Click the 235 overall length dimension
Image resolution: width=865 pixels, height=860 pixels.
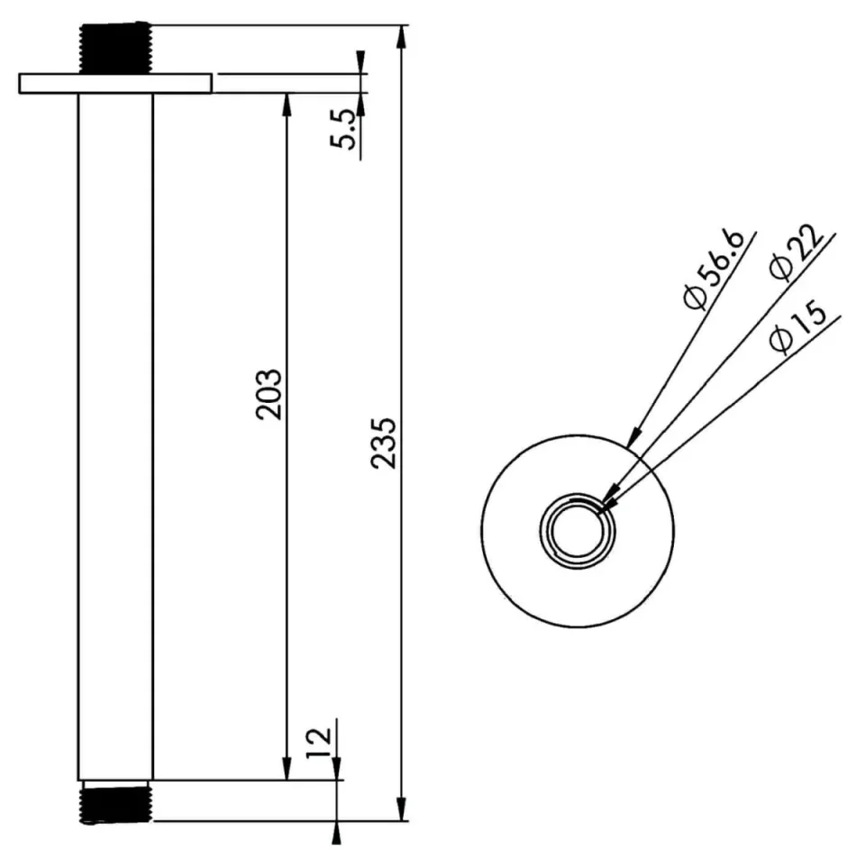[x=383, y=442]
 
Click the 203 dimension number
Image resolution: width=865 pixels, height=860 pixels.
[x=269, y=394]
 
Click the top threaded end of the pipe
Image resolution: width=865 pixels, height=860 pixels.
[x=114, y=49]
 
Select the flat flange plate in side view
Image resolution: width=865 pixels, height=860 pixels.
[x=114, y=83]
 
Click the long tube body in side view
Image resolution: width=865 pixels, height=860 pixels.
[x=115, y=433]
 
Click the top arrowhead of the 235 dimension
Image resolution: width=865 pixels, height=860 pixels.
[x=402, y=37]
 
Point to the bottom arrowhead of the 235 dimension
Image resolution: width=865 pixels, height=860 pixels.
[x=402, y=809]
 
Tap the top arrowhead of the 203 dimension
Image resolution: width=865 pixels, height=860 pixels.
[x=287, y=104]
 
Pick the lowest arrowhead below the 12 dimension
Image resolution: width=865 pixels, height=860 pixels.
[x=336, y=832]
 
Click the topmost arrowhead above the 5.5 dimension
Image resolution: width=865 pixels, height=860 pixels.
[x=361, y=62]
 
